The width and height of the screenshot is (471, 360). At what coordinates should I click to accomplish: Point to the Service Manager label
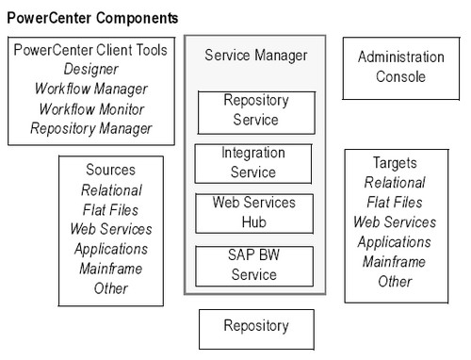[x=255, y=57]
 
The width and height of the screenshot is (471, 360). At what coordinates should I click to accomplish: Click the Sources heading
[x=110, y=170]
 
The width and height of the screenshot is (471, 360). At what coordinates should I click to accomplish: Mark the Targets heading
[x=395, y=162]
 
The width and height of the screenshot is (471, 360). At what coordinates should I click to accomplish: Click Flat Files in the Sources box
[x=110, y=209]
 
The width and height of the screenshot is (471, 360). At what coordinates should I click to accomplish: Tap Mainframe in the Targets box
[x=395, y=261]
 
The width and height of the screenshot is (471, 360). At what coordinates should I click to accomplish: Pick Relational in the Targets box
[x=395, y=182]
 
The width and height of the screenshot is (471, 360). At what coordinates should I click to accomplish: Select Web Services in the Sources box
[x=110, y=229]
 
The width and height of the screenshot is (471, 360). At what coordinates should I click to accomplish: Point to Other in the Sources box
[x=110, y=288]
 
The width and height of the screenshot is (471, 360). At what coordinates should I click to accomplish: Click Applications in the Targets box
[x=395, y=241]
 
